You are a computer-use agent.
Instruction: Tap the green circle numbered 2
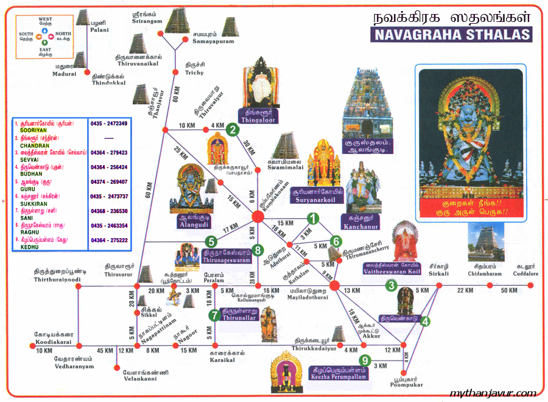tap(231, 129)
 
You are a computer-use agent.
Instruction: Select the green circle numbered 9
tap(364, 360)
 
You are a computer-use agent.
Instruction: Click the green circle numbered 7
tap(214, 315)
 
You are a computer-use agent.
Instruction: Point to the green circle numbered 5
tap(210, 241)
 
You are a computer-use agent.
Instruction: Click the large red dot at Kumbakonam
tap(258, 216)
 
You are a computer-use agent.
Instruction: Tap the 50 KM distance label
tap(509, 291)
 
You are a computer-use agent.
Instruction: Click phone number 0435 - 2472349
tap(109, 123)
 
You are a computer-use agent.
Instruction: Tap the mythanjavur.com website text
tap(493, 393)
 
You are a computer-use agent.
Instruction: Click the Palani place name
tap(100, 29)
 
